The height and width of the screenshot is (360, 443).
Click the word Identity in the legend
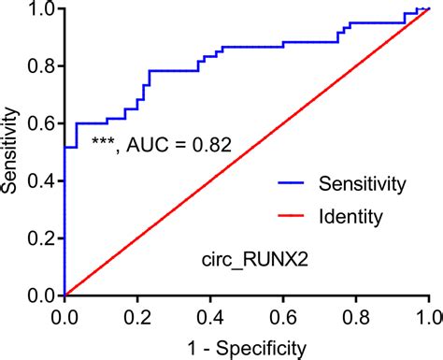coord(351,218)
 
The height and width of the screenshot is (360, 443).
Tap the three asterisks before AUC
coord(102,142)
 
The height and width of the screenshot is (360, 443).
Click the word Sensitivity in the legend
coord(363,183)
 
